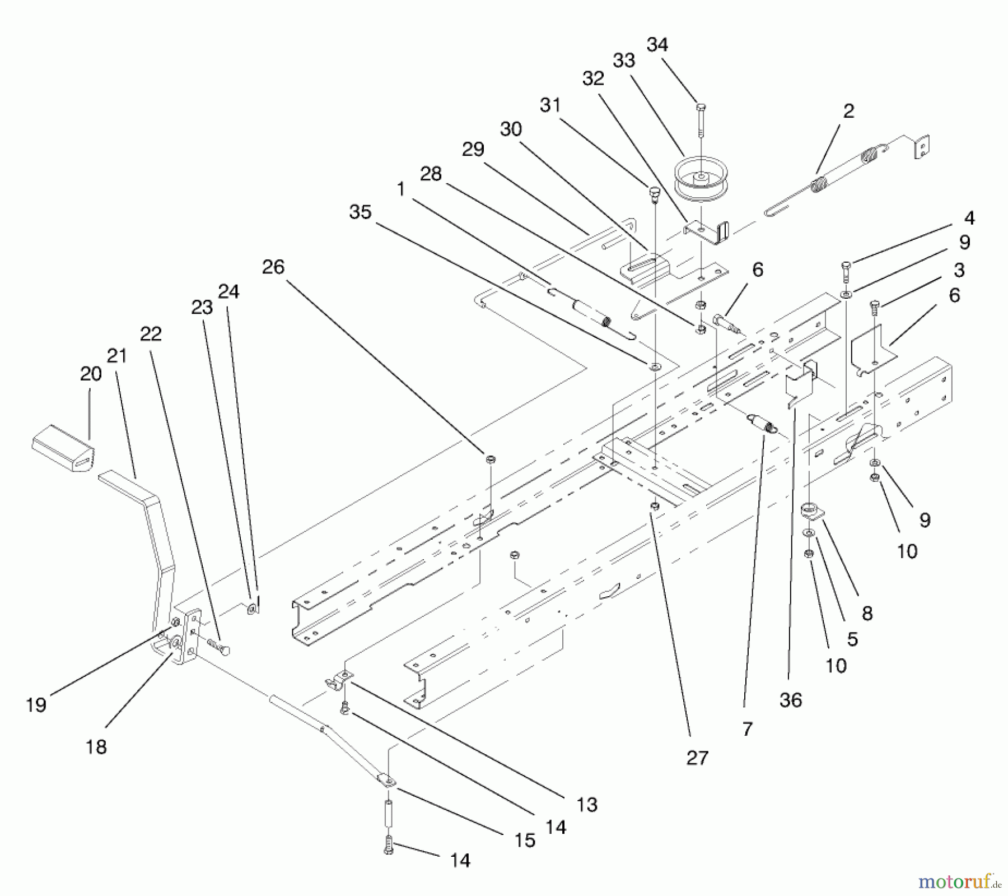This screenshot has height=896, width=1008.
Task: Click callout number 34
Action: point(657,45)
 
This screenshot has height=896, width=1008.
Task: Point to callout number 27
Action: point(697,758)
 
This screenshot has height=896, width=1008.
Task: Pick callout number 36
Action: point(791,700)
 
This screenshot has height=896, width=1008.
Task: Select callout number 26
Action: point(273,267)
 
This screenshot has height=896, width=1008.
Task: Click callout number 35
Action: point(360,212)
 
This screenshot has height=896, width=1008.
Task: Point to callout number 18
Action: point(96,746)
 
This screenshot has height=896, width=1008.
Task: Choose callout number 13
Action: point(587,805)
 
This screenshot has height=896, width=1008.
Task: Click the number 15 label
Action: point(525,840)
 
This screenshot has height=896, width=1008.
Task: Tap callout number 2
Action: point(849,111)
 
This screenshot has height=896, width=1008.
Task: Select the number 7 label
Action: point(748,729)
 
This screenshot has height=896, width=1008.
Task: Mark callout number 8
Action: point(867,613)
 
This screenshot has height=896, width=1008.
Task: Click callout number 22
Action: point(151,334)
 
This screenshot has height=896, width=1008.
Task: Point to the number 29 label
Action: point(473,149)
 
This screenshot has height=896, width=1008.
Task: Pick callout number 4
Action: point(969,218)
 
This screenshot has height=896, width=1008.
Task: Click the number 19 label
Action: point(36,705)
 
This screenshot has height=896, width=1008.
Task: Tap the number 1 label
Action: point(400,189)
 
